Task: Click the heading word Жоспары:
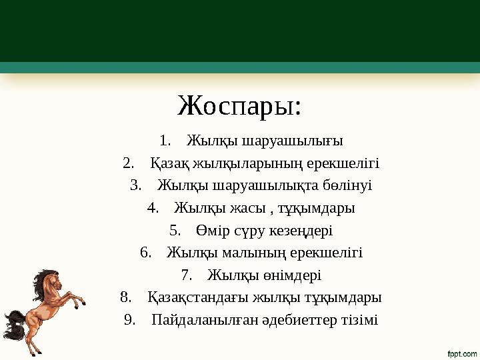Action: pos(239,105)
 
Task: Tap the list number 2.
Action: pos(129,163)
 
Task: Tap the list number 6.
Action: pos(145,253)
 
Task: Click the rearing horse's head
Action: pos(46,279)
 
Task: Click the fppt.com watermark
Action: pos(461,352)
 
